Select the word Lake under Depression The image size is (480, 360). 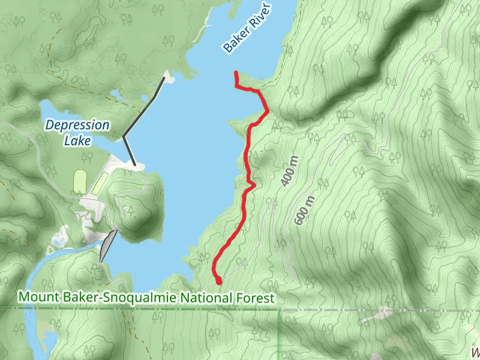[79, 141]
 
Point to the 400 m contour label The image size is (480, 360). [289, 171]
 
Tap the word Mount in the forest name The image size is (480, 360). [35, 298]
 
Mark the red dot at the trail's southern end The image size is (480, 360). [219, 280]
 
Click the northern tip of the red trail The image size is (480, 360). [236, 73]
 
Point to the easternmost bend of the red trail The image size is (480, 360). [267, 110]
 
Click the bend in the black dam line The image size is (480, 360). [124, 137]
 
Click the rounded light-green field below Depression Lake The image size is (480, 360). [80, 181]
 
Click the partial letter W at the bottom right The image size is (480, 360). [475, 353]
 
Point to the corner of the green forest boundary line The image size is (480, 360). [280, 310]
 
